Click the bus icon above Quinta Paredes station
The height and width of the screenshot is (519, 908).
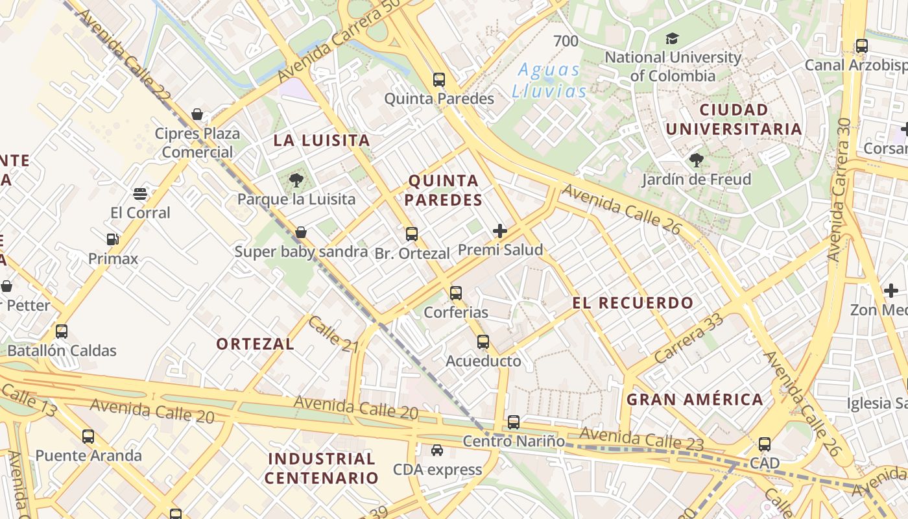point(439,80)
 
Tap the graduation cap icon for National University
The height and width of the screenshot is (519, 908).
point(672,38)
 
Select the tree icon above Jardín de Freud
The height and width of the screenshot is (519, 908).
point(697,160)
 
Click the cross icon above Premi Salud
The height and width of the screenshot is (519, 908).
point(500,230)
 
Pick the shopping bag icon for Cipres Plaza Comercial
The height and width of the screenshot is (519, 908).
point(197,114)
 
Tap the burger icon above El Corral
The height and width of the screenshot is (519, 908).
point(140,193)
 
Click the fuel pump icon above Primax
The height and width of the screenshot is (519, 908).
point(113,239)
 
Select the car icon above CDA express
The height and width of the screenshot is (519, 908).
point(437,450)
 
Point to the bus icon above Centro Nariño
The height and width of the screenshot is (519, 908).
point(514,422)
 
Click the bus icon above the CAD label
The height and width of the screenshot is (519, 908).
point(765,444)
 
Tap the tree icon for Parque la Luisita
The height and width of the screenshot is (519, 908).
point(296,180)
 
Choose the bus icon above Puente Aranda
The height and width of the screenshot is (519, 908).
point(88,437)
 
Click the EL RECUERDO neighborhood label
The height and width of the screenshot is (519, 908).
point(633,303)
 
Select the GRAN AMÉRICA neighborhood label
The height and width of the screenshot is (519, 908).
point(695,400)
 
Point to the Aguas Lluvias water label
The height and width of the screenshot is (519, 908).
point(549,80)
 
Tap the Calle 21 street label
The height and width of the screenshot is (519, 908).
point(333,334)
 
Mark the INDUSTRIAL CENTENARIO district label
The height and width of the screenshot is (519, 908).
point(322,468)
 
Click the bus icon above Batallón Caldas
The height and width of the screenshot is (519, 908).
point(62,332)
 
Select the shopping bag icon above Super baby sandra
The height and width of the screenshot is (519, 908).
point(301,232)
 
